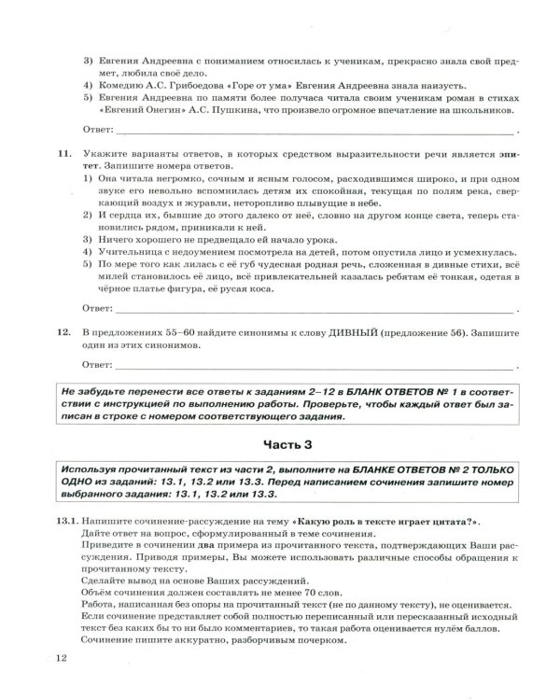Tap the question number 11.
click(x=63, y=150)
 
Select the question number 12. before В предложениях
click(x=63, y=331)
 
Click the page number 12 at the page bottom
click(x=63, y=662)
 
